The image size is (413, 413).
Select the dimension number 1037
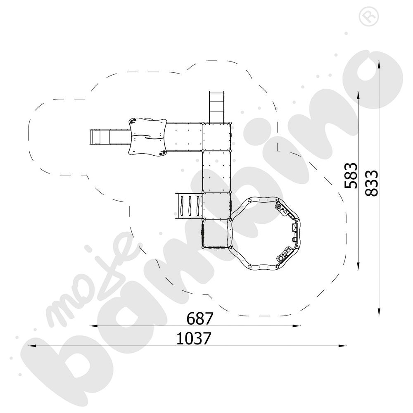194,338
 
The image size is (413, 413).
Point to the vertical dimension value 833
372,183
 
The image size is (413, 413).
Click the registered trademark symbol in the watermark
368,17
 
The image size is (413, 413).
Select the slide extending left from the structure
110,137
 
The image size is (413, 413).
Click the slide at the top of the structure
217,107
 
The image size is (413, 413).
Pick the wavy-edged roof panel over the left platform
147,136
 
